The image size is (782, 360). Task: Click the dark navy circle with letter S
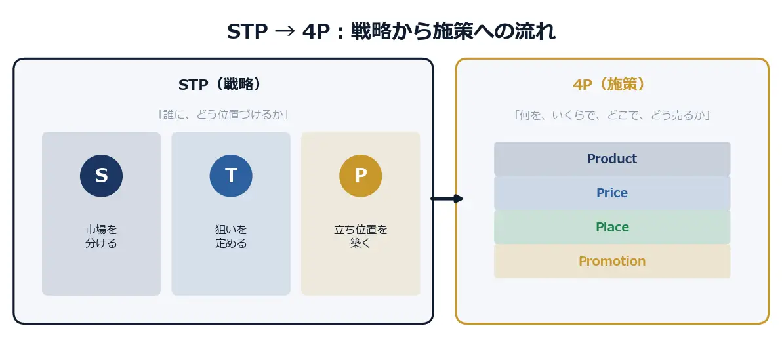pos(101,176)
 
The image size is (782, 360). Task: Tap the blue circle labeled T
pos(231,176)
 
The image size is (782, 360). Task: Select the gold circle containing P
pos(361,176)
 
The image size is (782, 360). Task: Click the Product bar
pos(612,159)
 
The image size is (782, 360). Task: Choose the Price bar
pos(612,193)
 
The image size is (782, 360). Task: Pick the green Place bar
pos(612,227)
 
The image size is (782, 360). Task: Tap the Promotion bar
pos(612,261)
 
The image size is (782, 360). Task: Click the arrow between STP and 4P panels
pos(447,199)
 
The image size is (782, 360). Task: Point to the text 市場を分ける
pos(101,236)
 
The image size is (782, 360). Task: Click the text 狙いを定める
pos(231,236)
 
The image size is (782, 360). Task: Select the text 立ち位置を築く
pos(361,236)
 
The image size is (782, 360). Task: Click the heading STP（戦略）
pos(220,85)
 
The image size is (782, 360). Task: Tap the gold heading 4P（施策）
pos(609,85)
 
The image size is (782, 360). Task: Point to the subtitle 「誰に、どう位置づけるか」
pos(223,115)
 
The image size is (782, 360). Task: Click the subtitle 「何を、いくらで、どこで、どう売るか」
pos(612,115)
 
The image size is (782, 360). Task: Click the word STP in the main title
pos(247,32)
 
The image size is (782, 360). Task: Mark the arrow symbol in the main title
pos(285,32)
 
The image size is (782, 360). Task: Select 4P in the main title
pos(316,32)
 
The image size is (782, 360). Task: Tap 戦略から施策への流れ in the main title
pos(453,32)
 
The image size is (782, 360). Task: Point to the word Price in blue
pos(612,193)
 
